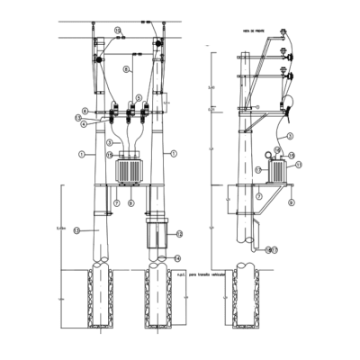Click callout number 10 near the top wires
point(117,31)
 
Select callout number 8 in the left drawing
point(126,68)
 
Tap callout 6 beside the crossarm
point(85,110)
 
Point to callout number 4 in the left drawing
point(85,124)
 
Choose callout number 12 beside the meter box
point(179,234)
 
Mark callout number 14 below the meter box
point(176,257)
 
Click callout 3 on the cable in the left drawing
point(109,142)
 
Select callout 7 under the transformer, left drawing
point(116,203)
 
